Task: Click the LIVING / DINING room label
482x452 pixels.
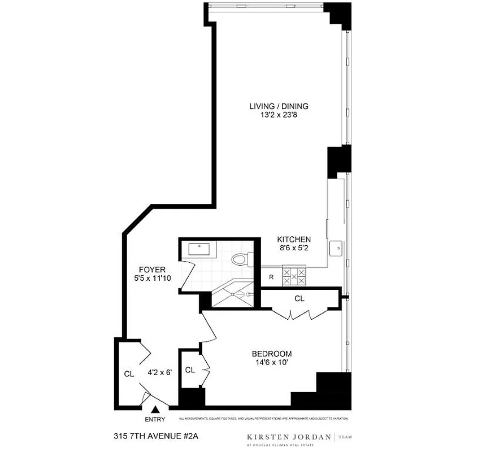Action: [x=279, y=106]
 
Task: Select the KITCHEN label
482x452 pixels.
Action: [x=293, y=240]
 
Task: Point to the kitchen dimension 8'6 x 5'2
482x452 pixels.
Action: [x=293, y=249]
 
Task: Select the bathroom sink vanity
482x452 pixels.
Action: [x=201, y=248]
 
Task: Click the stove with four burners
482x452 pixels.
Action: [x=294, y=276]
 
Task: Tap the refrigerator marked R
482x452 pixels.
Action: [x=271, y=277]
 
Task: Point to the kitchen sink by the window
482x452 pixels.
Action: [x=338, y=247]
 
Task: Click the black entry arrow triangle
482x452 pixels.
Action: [x=155, y=410]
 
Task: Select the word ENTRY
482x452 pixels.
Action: [x=155, y=419]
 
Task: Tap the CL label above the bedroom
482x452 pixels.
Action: [x=299, y=298]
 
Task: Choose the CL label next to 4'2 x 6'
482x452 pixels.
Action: [x=129, y=373]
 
